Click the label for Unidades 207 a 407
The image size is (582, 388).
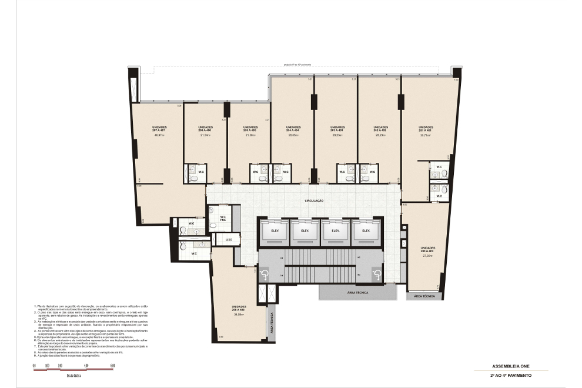pyautogui.click(x=159, y=129)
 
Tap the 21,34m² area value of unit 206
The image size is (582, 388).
pyautogui.click(x=205, y=135)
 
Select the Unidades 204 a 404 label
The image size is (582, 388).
pyautogui.click(x=293, y=129)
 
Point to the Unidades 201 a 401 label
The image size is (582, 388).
pyautogui.click(x=426, y=129)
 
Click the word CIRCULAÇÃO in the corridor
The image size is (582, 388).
pyautogui.click(x=315, y=200)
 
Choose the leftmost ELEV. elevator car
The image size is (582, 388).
pyautogui.click(x=275, y=230)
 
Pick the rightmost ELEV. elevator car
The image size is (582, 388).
pyautogui.click(x=366, y=230)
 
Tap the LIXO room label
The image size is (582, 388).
pyautogui.click(x=229, y=240)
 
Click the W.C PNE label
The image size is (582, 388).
pyautogui.click(x=223, y=219)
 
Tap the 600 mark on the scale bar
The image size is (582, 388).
pyautogui.click(x=112, y=366)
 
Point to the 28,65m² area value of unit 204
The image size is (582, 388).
pyautogui.click(x=293, y=135)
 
